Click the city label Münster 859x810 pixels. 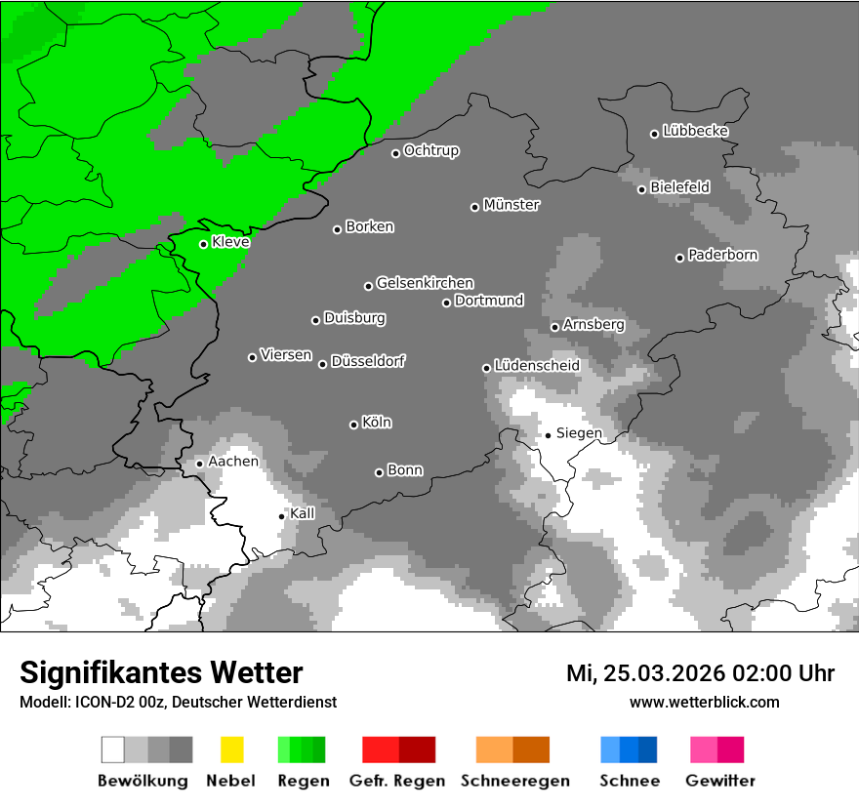[511, 205]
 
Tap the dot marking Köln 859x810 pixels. [353, 425]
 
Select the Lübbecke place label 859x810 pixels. [695, 131]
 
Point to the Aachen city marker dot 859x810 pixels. [199, 464]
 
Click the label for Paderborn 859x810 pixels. [722, 255]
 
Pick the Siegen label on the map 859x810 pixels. [579, 433]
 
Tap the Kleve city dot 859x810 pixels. [203, 244]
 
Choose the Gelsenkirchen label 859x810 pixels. [425, 283]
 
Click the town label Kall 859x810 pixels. [303, 513]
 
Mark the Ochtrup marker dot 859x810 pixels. [395, 153]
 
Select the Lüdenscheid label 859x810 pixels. [537, 365]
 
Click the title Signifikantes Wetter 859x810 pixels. [161, 672]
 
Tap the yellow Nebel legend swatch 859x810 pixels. [231, 749]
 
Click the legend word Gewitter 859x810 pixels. [719, 781]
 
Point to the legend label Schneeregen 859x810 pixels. [514, 781]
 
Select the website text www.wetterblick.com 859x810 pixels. [704, 702]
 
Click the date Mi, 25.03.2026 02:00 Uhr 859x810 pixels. [700, 673]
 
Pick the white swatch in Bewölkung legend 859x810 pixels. [113, 749]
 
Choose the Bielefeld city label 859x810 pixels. [679, 186]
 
